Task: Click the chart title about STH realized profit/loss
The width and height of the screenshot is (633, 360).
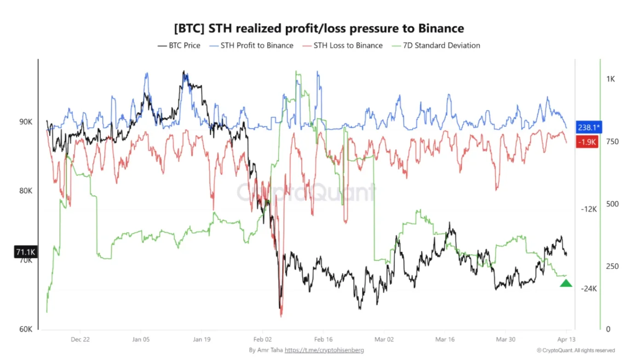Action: tap(319, 29)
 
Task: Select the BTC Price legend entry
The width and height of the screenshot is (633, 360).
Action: tap(179, 46)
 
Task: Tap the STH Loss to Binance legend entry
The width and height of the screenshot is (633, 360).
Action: tap(343, 46)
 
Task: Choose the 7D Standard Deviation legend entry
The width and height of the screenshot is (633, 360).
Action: tap(435, 46)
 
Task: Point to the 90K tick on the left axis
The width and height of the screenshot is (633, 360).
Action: tap(25, 122)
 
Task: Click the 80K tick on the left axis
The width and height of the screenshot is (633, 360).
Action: tap(25, 191)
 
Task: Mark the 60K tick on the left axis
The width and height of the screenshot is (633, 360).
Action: tap(25, 329)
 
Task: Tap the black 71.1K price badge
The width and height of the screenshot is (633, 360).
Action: tap(26, 252)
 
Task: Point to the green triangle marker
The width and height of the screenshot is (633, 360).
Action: tap(566, 283)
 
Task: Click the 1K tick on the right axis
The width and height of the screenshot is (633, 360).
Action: tap(610, 79)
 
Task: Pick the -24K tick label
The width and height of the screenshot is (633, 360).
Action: tap(588, 289)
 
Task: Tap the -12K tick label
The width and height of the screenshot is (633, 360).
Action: tap(588, 209)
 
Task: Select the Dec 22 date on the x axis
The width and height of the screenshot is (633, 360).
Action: tap(80, 339)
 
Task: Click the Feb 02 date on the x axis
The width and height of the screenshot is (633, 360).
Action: tap(262, 339)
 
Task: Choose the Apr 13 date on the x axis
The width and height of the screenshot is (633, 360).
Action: tap(566, 339)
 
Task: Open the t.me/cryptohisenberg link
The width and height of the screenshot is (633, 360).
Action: tap(324, 350)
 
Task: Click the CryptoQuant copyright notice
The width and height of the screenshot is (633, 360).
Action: tap(575, 350)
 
